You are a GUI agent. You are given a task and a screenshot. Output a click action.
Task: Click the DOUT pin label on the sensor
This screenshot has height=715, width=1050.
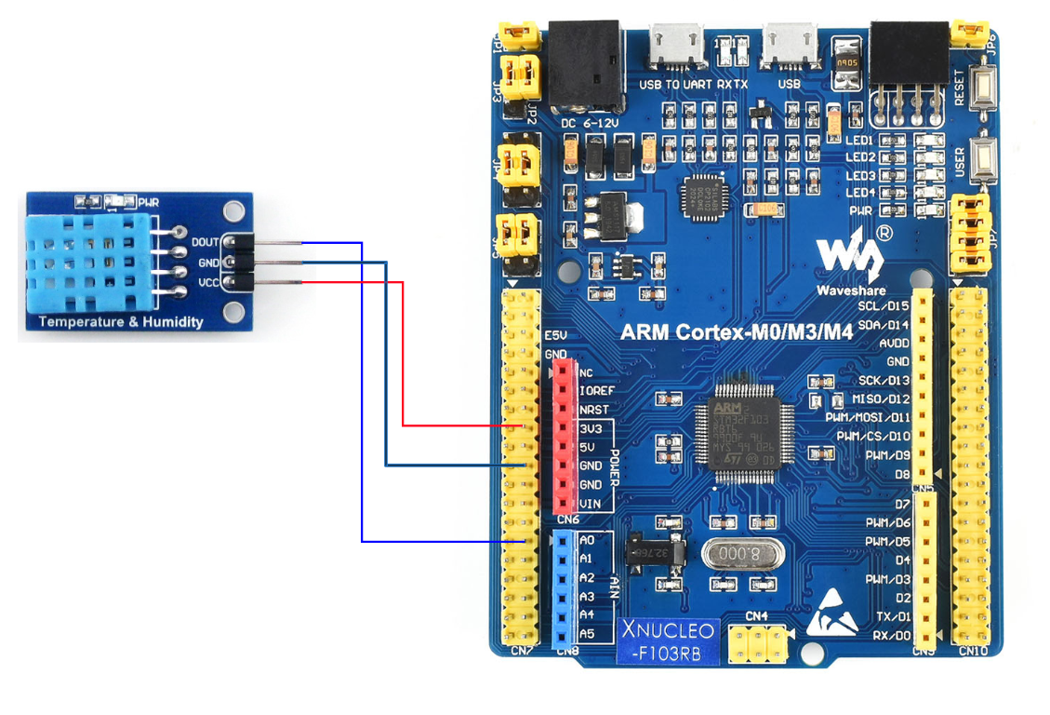tap(205, 242)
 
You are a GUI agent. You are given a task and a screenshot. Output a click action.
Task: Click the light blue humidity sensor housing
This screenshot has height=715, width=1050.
tap(86, 261)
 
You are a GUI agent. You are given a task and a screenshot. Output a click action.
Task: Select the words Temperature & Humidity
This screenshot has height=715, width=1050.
tap(121, 322)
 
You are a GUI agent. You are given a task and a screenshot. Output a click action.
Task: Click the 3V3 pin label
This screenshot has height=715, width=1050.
tap(590, 428)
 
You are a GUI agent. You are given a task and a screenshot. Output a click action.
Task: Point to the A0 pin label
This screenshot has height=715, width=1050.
tap(586, 540)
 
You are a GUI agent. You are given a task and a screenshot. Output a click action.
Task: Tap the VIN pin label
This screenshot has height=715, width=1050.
tap(590, 504)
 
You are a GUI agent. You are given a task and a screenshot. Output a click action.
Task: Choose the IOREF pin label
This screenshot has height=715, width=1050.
tap(594, 391)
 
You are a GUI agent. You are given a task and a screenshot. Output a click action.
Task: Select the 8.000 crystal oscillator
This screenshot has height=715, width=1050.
tap(743, 554)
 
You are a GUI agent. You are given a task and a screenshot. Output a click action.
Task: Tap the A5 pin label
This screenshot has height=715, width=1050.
tap(586, 634)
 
